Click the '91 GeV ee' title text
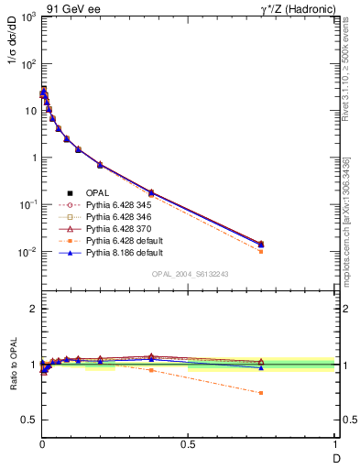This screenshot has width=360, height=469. click(x=73, y=8)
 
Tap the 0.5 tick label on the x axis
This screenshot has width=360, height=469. click(x=188, y=444)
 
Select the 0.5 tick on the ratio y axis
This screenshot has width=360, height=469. click(x=28, y=420)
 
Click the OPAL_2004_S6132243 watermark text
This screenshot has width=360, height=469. click(x=191, y=274)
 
